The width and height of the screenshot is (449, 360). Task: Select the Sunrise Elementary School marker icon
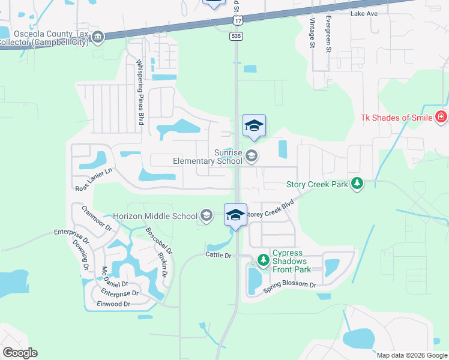[252, 156]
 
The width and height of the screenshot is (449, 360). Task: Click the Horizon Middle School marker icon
[206, 216]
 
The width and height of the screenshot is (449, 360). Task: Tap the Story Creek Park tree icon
[357, 184]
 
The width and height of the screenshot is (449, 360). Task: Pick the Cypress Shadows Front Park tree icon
[263, 260]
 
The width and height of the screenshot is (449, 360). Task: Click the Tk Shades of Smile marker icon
[442, 117]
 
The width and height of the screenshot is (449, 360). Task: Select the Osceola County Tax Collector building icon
[98, 38]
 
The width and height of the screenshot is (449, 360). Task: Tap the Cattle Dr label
[218, 255]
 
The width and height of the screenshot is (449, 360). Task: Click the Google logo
[20, 353]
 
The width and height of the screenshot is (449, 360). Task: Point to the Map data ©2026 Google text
[411, 355]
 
